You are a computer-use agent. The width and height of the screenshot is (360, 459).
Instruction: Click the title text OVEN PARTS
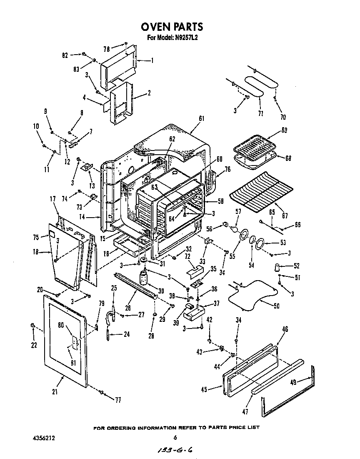click(x=172, y=27)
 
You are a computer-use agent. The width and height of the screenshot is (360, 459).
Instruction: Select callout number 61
click(x=202, y=119)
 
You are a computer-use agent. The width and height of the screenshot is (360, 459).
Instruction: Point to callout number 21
click(x=55, y=391)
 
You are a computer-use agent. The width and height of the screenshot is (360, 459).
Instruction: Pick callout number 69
click(x=284, y=130)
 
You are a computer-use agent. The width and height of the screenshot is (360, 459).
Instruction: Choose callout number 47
click(x=245, y=412)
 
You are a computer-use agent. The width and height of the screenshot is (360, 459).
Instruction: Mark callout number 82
click(x=65, y=54)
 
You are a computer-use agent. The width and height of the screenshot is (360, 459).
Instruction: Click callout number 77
click(x=118, y=400)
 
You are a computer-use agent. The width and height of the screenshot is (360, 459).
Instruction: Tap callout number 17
click(x=53, y=199)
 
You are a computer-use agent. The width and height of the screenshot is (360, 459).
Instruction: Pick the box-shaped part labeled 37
click(x=194, y=311)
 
